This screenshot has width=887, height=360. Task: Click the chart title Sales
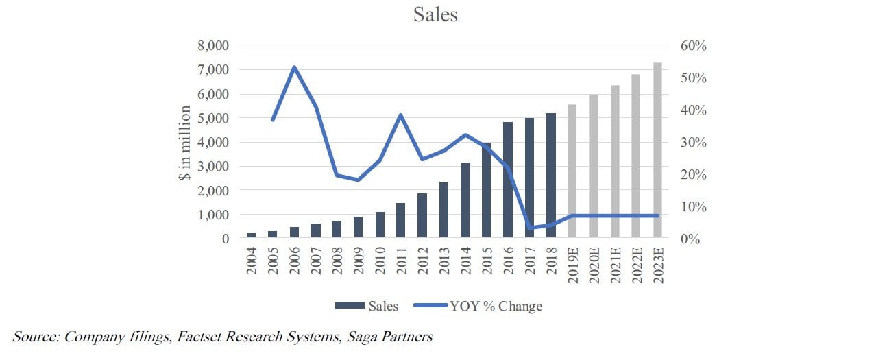pos(435,14)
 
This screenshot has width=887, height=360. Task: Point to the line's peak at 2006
pos(295,67)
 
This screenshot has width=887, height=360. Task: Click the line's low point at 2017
pos(530,228)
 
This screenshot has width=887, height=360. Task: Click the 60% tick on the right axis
pos(693,46)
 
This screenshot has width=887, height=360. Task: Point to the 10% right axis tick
pos(693,206)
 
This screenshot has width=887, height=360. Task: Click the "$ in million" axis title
pos(185,143)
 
